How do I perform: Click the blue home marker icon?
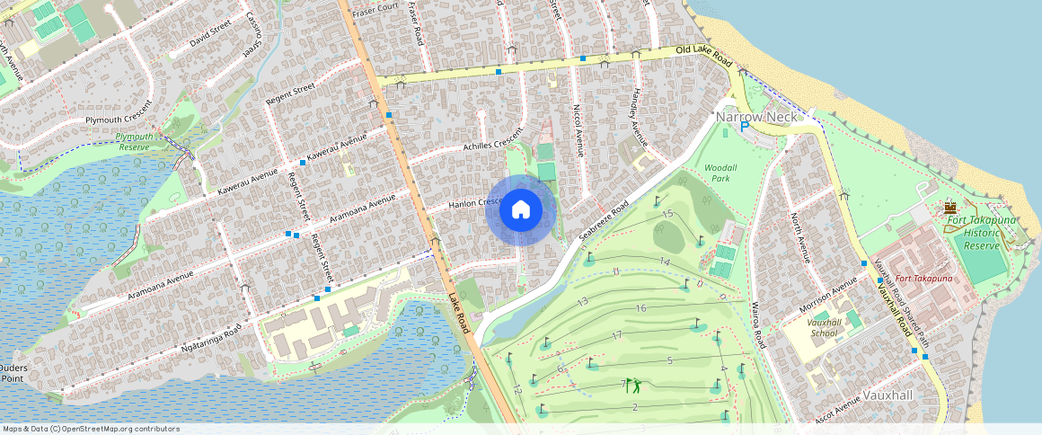520,210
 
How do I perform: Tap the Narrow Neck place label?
756,118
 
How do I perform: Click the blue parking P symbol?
745,128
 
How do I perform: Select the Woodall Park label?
720,173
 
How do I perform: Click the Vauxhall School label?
823,327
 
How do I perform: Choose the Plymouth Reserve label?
134,141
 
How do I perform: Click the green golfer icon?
634,386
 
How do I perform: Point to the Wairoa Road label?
758,325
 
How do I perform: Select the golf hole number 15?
667,214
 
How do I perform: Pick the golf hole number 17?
616,334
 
